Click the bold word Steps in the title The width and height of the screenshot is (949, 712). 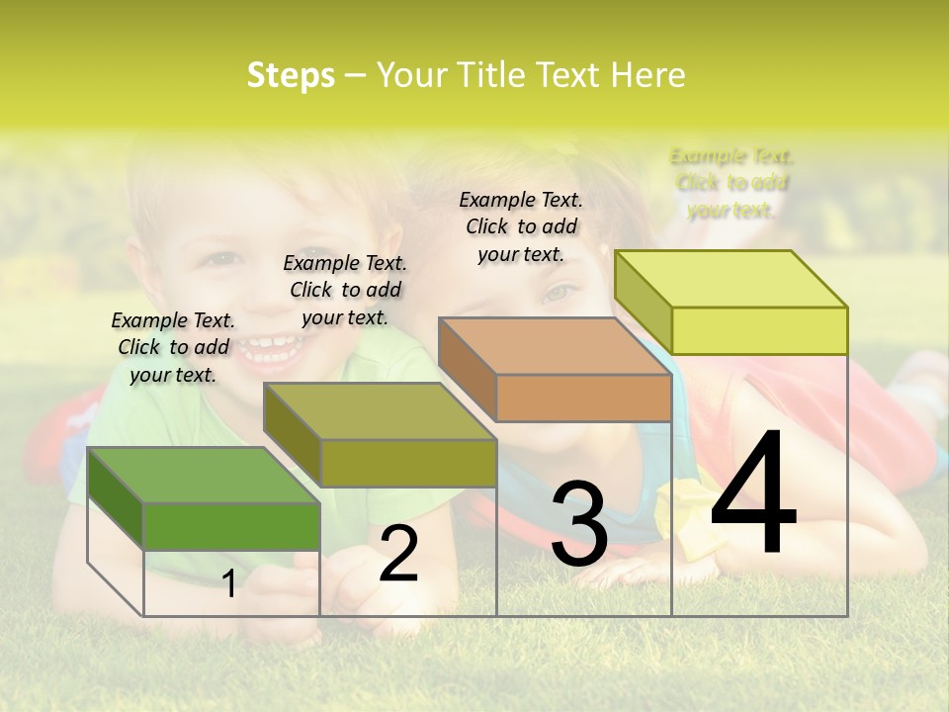pos(291,75)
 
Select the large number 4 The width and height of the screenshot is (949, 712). pos(753,494)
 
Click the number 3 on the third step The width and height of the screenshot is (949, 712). pos(578,523)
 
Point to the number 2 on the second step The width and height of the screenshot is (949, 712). pos(399,554)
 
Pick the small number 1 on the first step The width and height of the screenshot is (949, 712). pos(228,583)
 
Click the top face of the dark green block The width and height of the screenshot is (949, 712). pos(203,476)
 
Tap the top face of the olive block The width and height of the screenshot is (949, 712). pos(379,411)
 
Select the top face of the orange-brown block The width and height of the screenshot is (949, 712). pos(555,347)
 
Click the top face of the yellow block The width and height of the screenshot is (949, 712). pos(731,279)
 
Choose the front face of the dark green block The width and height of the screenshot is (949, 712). pos(231,526)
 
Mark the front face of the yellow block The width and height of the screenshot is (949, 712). pos(759,330)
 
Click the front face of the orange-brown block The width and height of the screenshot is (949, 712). pos(583,399)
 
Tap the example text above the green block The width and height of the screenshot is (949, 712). pos(173,347)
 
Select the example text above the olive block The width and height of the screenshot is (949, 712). pos(345,290)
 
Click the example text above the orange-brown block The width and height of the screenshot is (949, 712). pos(521,226)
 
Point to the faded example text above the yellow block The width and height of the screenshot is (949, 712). pos(732,183)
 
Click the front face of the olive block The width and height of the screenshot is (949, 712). pos(407,463)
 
